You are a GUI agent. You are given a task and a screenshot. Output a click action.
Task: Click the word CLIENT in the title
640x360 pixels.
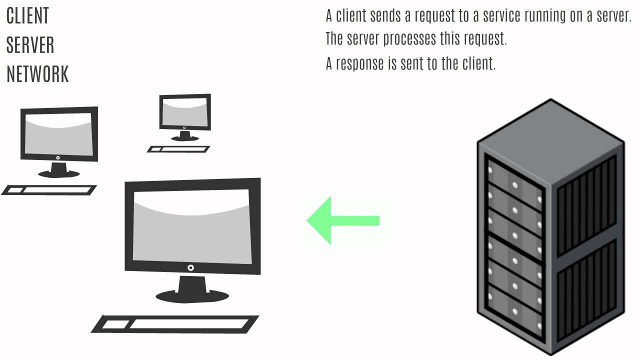click(27, 16)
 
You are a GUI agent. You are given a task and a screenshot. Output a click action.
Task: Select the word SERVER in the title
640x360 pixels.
click(30, 45)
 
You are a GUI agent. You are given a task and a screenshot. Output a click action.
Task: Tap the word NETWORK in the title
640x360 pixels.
click(37, 74)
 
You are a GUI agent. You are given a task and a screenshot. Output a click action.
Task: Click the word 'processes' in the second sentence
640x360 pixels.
click(410, 39)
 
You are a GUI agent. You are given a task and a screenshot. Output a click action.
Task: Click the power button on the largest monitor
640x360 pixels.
click(190, 268)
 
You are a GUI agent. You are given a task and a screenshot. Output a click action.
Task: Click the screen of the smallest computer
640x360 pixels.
click(184, 112)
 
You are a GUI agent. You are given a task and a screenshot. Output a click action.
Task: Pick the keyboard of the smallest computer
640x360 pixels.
click(178, 148)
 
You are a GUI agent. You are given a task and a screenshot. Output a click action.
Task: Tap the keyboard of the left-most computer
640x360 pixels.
click(49, 189)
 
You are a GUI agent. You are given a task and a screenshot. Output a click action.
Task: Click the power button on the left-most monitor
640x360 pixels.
click(58, 157)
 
